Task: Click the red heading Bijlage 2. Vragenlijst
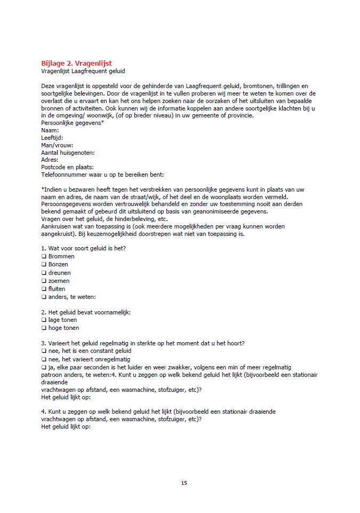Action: [76, 64]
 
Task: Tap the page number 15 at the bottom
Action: [184, 483]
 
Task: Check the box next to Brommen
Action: [44, 256]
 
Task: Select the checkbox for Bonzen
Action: [44, 264]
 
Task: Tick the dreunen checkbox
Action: [44, 273]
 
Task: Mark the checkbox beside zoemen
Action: [44, 281]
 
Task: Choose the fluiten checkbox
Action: [44, 289]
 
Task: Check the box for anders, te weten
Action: [44, 297]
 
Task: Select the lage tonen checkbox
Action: [44, 320]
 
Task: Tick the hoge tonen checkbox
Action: [44, 328]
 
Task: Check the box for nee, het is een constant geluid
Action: [44, 351]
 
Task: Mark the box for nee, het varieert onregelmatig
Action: [44, 359]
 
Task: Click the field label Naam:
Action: [50, 130]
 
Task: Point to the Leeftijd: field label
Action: [52, 138]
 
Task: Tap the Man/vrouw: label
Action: [57, 145]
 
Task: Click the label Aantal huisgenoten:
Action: [68, 152]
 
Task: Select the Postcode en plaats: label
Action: [67, 167]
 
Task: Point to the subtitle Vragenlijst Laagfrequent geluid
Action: [83, 71]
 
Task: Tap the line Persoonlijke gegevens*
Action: [73, 123]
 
